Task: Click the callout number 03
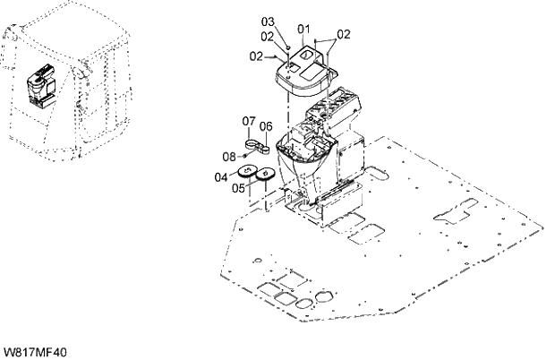pyautogui.click(x=267, y=21)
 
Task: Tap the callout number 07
pyautogui.click(x=249, y=120)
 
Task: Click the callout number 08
pyautogui.click(x=229, y=157)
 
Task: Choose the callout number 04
pyautogui.click(x=220, y=176)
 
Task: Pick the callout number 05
pyautogui.click(x=239, y=188)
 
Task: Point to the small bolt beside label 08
pyautogui.click(x=244, y=157)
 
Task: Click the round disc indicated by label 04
pyautogui.click(x=249, y=175)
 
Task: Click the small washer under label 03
pyautogui.click(x=290, y=46)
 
